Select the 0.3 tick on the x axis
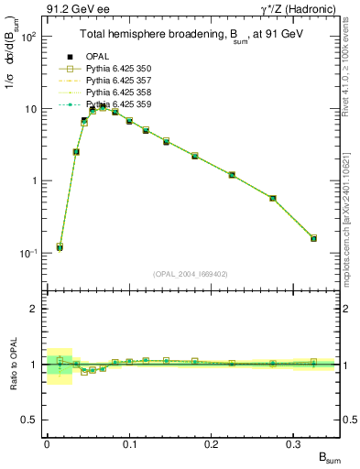tap(293, 443)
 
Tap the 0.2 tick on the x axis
tap(212, 443)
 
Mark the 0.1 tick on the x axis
tap(129, 443)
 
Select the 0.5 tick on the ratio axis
tap(33, 420)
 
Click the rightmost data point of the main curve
tap(313, 238)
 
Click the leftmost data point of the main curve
tap(60, 247)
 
